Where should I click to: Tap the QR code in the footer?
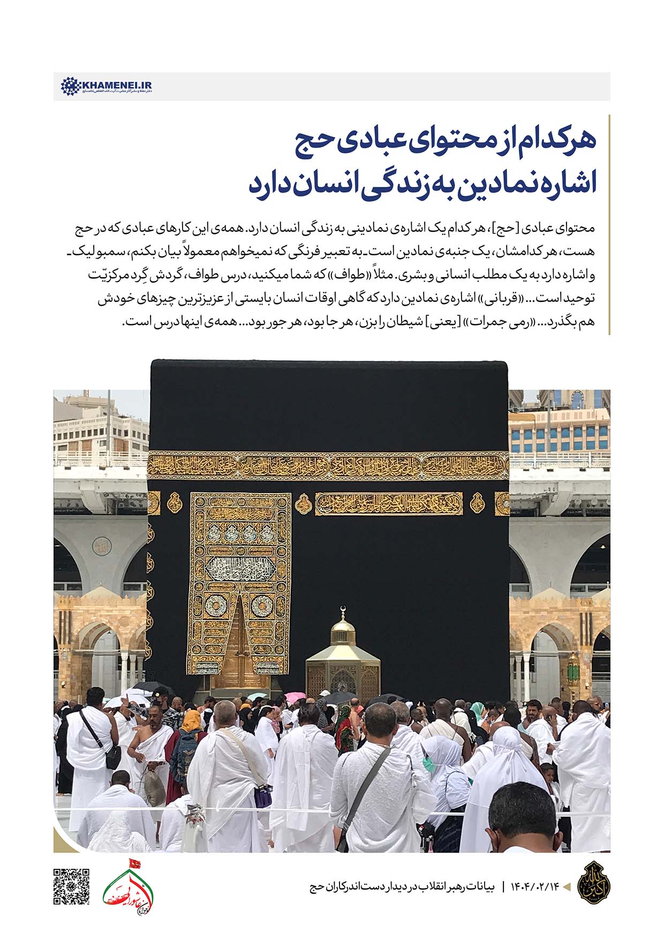71,886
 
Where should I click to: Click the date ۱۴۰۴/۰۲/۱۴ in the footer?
537,886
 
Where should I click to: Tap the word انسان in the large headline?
341,183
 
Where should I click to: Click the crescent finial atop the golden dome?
343,611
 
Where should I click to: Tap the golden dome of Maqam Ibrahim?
343,632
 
